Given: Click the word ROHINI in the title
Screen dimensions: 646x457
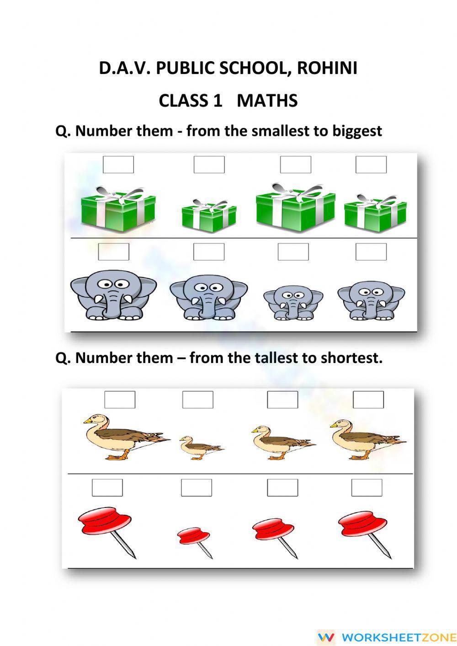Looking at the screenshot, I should click(327, 68).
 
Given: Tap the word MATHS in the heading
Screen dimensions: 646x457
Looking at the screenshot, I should click(267, 101).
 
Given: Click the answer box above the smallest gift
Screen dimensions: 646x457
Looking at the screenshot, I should click(209, 165).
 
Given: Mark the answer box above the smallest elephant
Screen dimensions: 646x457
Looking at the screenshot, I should click(293, 252).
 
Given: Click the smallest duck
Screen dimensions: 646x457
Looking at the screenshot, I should click(200, 447).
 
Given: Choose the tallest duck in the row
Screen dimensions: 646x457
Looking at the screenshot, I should click(123, 437).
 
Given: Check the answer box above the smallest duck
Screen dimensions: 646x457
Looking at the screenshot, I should click(197, 400).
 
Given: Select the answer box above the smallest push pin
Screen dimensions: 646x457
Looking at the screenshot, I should click(196, 488).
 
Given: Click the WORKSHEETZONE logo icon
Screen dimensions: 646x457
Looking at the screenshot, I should click(326, 637).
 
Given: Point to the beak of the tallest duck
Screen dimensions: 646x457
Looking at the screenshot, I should click(86, 421).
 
